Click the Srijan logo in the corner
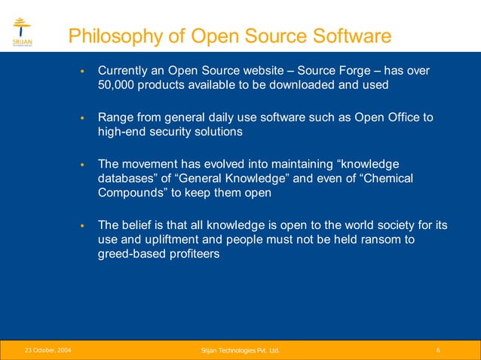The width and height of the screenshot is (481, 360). pyautogui.click(x=22, y=32)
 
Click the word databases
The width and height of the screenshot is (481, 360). pyautogui.click(x=125, y=178)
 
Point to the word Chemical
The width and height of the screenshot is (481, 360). pyautogui.click(x=388, y=178)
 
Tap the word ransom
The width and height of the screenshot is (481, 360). pyautogui.click(x=370, y=239)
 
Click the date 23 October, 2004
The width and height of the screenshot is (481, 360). pyautogui.click(x=48, y=350)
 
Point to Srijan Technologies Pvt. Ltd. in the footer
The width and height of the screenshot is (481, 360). pyautogui.click(x=240, y=350)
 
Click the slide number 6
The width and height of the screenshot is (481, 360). pyautogui.click(x=439, y=350)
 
